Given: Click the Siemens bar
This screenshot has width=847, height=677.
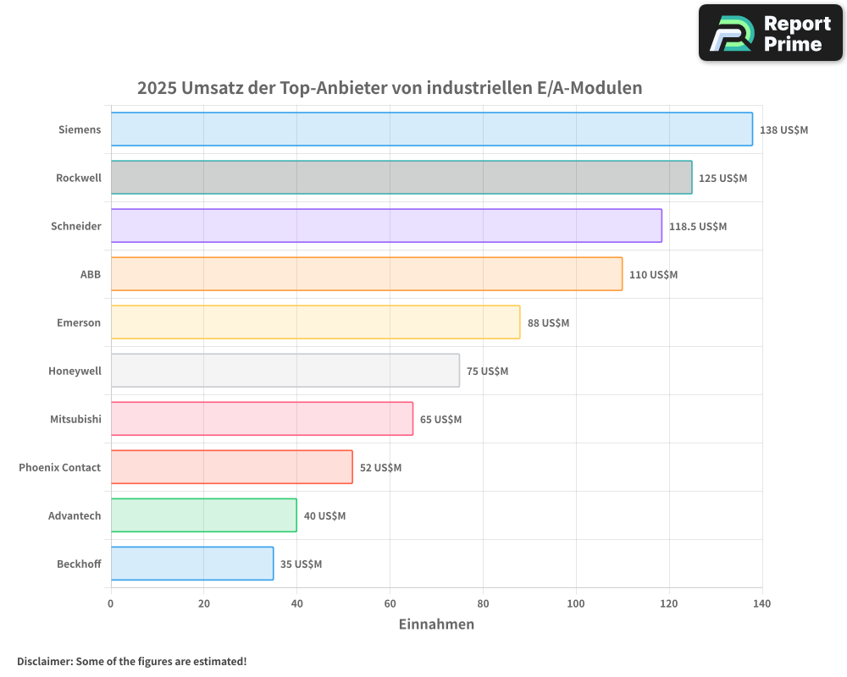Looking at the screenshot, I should click(431, 129).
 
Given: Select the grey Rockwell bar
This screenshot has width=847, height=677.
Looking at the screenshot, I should click(401, 178).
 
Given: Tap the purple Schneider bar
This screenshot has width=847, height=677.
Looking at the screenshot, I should click(386, 226).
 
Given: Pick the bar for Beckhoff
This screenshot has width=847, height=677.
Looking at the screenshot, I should click(192, 564).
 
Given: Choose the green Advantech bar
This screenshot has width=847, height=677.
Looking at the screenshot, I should click(203, 515).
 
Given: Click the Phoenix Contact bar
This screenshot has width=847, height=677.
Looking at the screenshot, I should click(231, 467).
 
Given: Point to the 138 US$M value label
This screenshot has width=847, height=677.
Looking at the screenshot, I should click(783, 130).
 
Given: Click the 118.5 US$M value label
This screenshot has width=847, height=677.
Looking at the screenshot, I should click(698, 227).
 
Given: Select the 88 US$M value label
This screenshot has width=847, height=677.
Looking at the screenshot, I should click(548, 323).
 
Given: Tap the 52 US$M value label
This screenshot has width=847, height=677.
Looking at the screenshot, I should click(380, 468).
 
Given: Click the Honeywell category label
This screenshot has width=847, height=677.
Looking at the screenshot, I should click(75, 371).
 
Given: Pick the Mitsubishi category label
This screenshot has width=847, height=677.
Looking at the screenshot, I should click(75, 419).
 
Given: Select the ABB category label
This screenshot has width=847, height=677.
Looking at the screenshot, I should click(90, 274).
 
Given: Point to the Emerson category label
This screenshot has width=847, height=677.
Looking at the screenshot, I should click(79, 322).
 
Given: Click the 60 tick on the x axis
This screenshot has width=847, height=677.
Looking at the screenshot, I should click(390, 603).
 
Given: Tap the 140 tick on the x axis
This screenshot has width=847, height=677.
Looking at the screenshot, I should click(761, 603).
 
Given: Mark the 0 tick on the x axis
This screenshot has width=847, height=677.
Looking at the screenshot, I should click(111, 603).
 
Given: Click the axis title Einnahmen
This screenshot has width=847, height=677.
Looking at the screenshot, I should click(436, 625).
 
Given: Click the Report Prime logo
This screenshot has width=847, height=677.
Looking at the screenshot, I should click(770, 33).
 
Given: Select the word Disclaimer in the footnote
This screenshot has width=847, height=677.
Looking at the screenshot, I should click(44, 662).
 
